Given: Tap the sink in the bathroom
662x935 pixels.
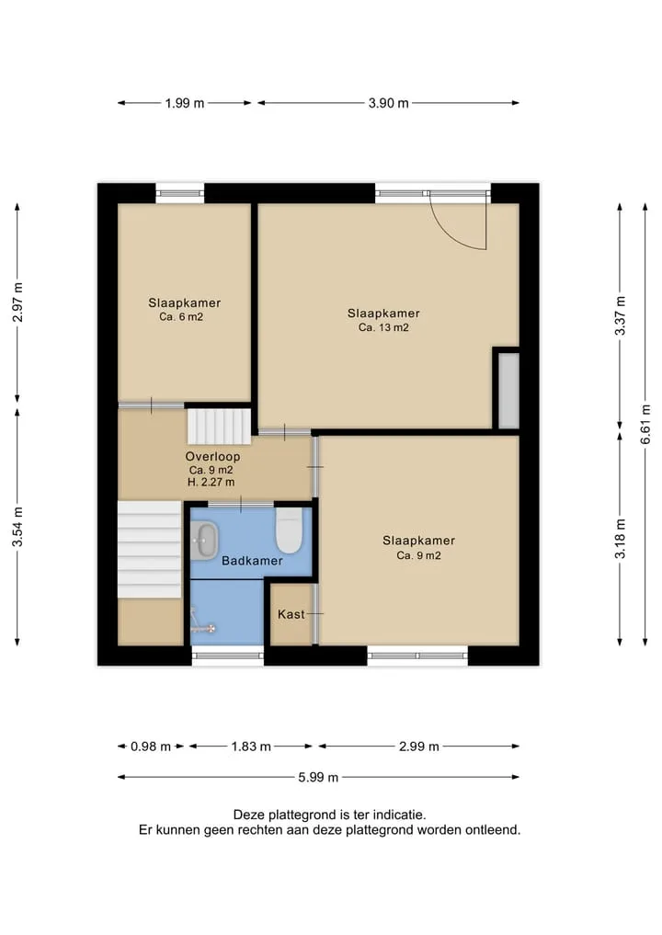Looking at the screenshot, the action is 204,541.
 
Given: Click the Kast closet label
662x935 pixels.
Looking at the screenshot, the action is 291,614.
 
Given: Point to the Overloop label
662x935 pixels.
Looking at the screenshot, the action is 213,457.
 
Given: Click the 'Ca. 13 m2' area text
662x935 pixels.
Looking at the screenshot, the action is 383,327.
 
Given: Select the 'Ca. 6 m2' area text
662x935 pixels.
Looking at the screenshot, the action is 181,317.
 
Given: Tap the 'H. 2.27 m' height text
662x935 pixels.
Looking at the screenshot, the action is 211,482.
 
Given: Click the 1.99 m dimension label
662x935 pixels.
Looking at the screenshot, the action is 185,103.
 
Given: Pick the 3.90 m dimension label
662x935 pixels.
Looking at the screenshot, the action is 388,103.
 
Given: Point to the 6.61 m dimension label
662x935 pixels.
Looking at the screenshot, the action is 645,424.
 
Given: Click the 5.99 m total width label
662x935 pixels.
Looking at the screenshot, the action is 318,777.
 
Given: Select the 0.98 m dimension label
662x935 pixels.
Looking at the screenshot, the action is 151,747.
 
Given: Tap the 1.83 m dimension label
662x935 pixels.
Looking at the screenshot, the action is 251,747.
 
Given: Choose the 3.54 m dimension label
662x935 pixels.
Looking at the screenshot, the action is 17,527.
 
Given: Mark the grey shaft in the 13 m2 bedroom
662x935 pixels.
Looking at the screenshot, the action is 508,391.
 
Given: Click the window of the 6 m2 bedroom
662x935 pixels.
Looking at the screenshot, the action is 179,193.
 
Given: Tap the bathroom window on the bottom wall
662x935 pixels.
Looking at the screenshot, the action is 228,656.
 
